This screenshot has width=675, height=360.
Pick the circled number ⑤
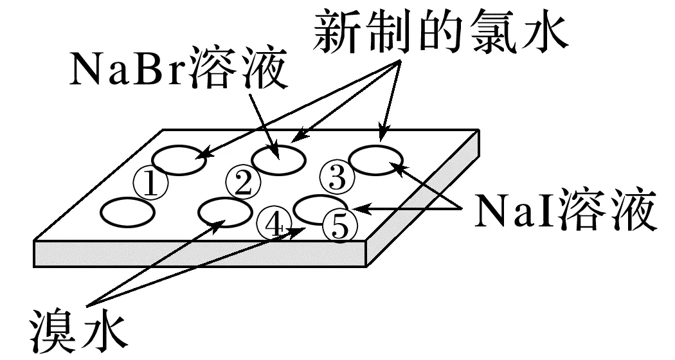tap(339, 225)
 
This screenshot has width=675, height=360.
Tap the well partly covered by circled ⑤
tap(315, 207)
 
